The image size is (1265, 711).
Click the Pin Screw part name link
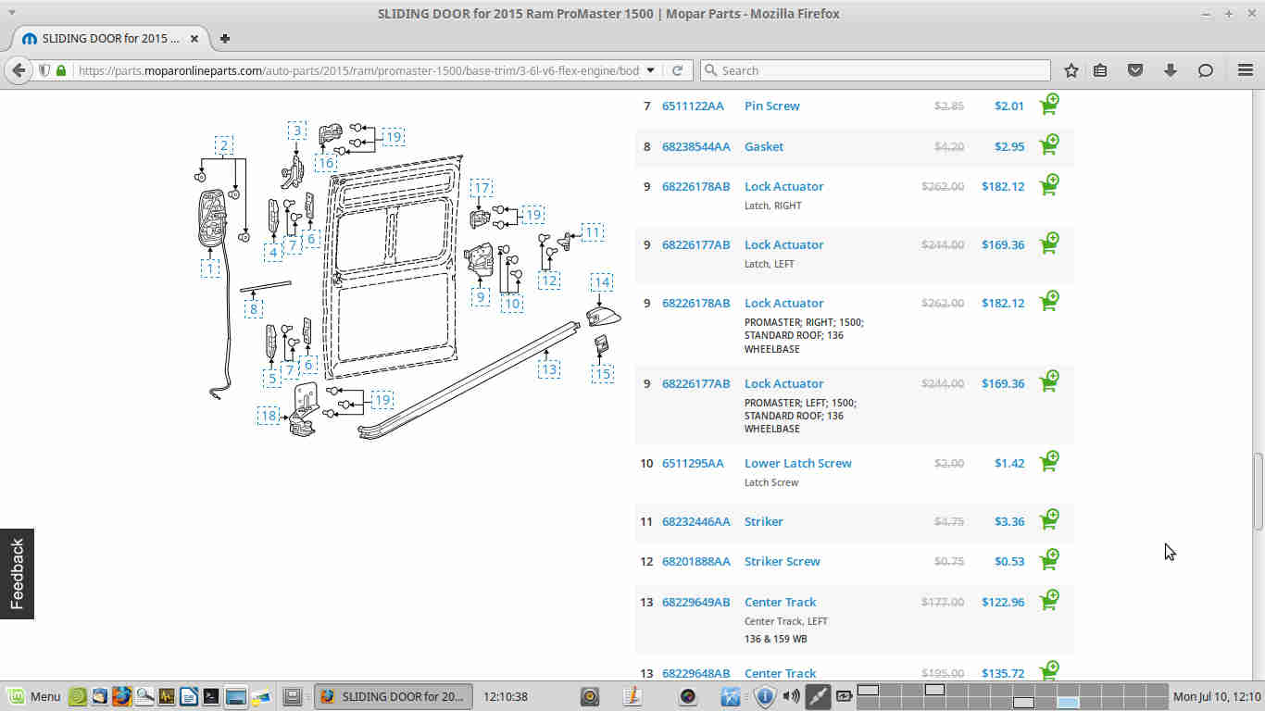pyautogui.click(x=771, y=106)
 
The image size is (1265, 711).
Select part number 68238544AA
pyautogui.click(x=695, y=147)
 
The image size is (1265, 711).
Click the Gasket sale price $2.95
pyautogui.click(x=1009, y=147)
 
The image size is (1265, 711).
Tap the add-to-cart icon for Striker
pyautogui.click(x=1049, y=519)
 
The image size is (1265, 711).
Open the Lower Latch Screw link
pyautogui.click(x=797, y=463)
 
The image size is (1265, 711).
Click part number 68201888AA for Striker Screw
pyautogui.click(x=695, y=561)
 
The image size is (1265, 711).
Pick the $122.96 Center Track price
pyautogui.click(x=1003, y=602)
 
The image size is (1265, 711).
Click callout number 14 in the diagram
pyautogui.click(x=602, y=282)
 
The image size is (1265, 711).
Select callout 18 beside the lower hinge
pyautogui.click(x=269, y=417)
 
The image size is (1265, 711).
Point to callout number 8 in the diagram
pyautogui.click(x=254, y=309)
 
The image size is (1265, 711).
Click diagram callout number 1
pyautogui.click(x=210, y=268)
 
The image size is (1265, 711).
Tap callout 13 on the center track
pyautogui.click(x=549, y=370)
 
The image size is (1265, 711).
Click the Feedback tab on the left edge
pyautogui.click(x=17, y=574)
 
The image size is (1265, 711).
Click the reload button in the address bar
pyautogui.click(x=677, y=70)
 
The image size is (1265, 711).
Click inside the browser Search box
pyautogui.click(x=875, y=70)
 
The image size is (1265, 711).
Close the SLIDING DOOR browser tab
pyautogui.click(x=194, y=38)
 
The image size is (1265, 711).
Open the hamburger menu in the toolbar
pyautogui.click(x=1246, y=70)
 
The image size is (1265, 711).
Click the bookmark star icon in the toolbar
pyautogui.click(x=1071, y=70)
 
